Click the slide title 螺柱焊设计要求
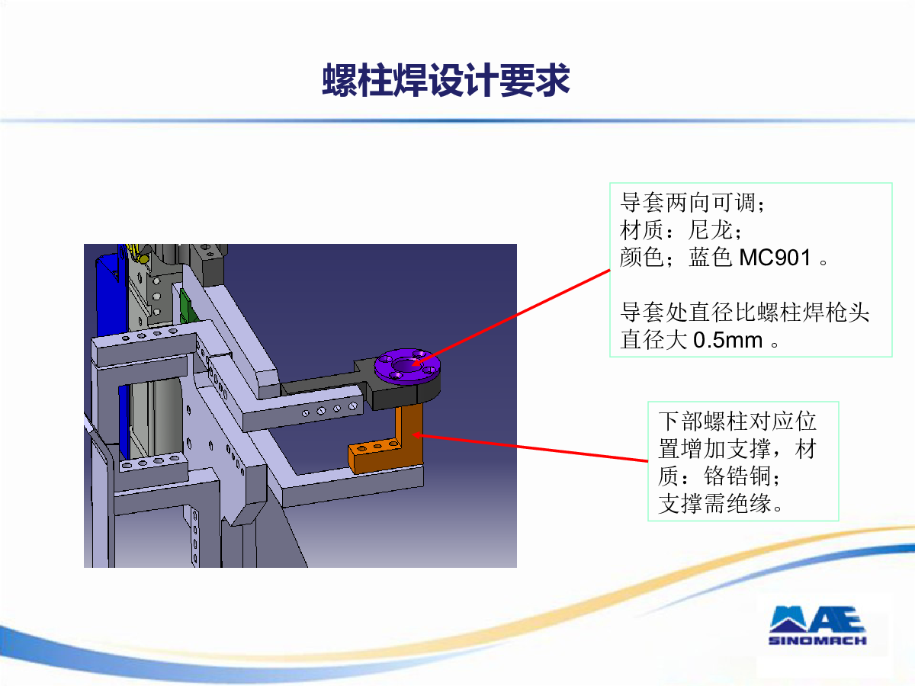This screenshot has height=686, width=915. coord(445,80)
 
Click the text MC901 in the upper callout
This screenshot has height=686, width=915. coord(775,257)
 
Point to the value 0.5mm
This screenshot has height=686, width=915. coord(728,340)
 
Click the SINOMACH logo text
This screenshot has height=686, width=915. coord(817,640)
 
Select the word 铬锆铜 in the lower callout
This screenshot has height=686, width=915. coord(737,476)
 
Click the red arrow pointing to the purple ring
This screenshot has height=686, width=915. coord(511,318)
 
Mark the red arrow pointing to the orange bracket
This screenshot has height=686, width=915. coord(530,447)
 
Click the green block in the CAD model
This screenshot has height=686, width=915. coord(188,306)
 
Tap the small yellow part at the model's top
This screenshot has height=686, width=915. coord(139,254)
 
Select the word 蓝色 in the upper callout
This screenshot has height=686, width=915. coord(711,257)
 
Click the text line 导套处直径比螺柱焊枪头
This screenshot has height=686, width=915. coord(744,313)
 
